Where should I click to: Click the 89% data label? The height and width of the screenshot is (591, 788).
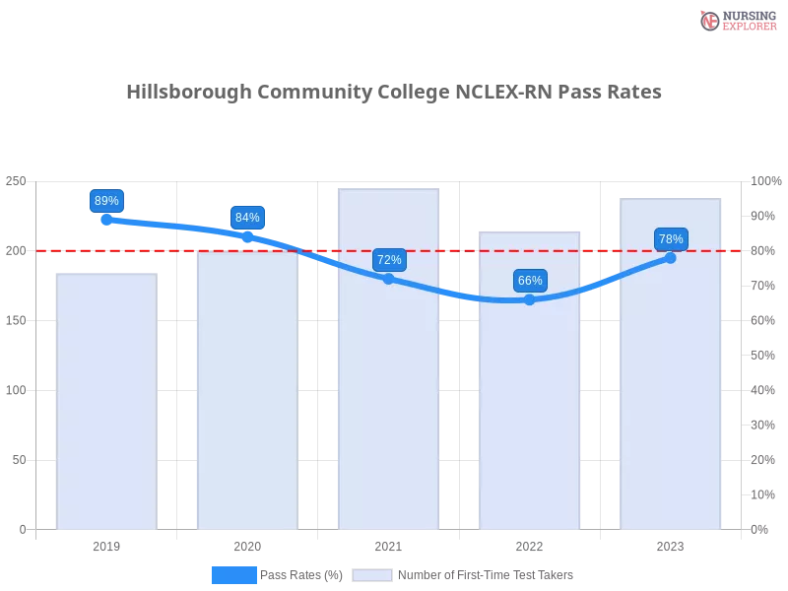click(x=105, y=201)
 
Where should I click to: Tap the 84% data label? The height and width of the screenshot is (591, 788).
click(x=247, y=218)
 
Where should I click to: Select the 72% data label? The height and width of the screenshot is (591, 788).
click(x=389, y=260)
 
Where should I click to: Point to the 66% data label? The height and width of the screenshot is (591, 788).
click(x=530, y=281)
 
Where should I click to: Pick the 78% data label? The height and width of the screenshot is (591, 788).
click(x=671, y=239)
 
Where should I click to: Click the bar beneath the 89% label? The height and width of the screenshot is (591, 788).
click(x=106, y=404)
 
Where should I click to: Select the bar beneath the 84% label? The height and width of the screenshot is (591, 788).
click(x=247, y=394)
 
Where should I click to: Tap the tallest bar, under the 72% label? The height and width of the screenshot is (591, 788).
click(x=389, y=364)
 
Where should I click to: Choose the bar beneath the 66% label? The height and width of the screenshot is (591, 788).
click(x=530, y=384)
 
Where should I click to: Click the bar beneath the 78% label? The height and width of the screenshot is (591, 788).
click(x=671, y=369)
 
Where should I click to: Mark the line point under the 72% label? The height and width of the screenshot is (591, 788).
click(x=389, y=279)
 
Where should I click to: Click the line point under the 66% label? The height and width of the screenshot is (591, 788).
click(x=530, y=299)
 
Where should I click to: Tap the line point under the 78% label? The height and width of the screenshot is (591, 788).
click(x=671, y=258)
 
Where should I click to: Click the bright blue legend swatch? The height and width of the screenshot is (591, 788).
click(x=233, y=574)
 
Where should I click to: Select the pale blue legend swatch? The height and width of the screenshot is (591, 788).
click(x=372, y=574)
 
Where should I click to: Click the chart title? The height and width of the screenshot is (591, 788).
click(x=394, y=93)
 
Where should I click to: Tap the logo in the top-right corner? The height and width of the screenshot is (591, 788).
click(x=736, y=20)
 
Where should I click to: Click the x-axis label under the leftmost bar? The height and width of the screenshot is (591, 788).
click(x=106, y=545)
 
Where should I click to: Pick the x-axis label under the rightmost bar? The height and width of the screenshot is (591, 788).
click(x=671, y=545)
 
